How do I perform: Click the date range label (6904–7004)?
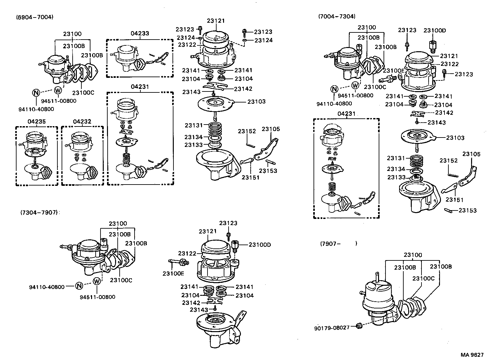35,17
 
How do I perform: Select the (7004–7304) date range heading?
337,16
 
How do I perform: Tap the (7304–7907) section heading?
39,212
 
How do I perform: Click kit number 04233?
140,33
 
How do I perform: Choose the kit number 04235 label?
36,122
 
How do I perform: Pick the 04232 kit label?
82,122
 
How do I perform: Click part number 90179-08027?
332,328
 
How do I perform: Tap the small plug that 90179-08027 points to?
359,326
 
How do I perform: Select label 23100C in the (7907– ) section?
423,278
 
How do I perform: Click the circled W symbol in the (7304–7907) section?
97,281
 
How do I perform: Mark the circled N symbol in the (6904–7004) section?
36,92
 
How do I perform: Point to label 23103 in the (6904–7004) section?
256,102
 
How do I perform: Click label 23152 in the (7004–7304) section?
448,161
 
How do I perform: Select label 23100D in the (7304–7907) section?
260,245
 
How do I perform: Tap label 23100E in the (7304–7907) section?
173,273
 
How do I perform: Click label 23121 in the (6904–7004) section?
216,21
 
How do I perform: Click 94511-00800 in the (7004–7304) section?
355,95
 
